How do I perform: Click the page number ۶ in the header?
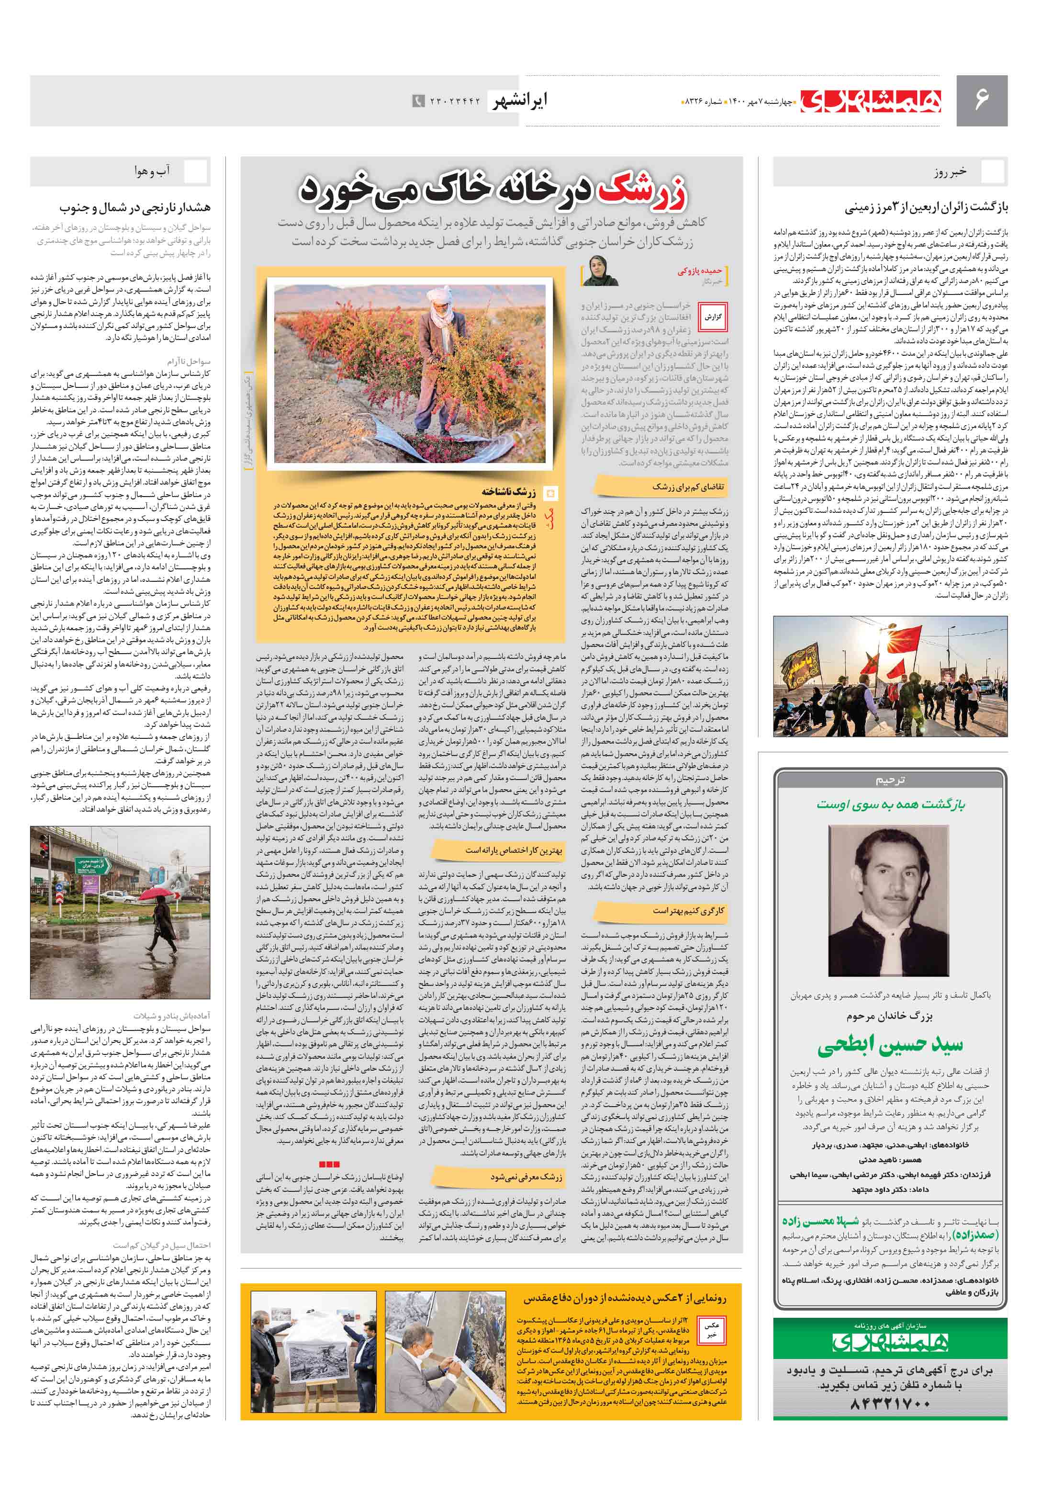981,100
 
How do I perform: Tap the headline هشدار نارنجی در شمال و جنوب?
135,208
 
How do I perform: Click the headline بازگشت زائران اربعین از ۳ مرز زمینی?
926,208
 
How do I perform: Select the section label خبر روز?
951,172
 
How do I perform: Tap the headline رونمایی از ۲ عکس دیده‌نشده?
625,1298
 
